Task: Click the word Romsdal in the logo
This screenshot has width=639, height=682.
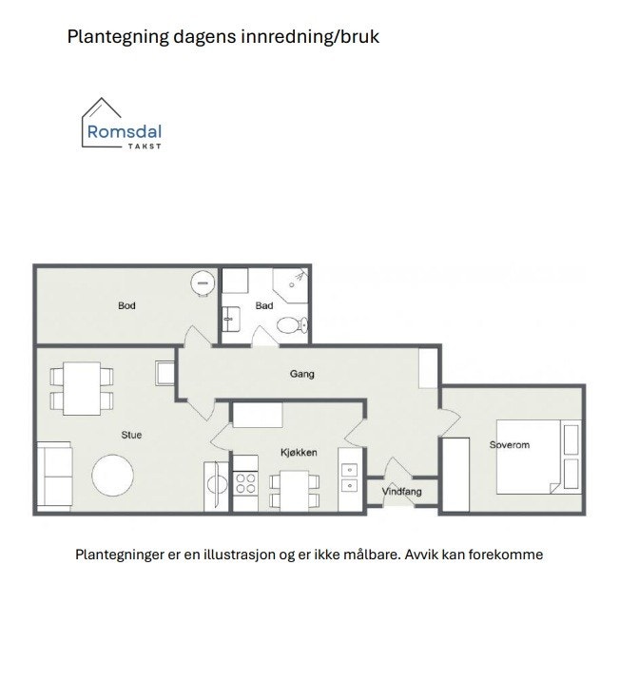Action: (124, 133)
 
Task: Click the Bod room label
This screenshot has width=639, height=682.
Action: (126, 305)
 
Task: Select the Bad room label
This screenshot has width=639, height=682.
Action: (264, 305)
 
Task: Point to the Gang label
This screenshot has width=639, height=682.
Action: (301, 374)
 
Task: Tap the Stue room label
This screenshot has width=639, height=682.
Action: (131, 435)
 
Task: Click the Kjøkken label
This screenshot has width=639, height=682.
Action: (299, 453)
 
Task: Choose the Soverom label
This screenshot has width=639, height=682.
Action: (509, 445)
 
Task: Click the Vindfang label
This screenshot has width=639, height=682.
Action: (401, 492)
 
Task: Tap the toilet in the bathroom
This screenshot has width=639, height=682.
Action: (290, 325)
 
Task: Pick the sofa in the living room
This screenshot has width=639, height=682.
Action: (55, 476)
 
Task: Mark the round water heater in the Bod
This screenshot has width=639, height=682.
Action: (202, 283)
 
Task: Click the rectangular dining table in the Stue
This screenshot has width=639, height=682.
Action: (82, 388)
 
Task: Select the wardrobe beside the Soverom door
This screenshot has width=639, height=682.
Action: (455, 475)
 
